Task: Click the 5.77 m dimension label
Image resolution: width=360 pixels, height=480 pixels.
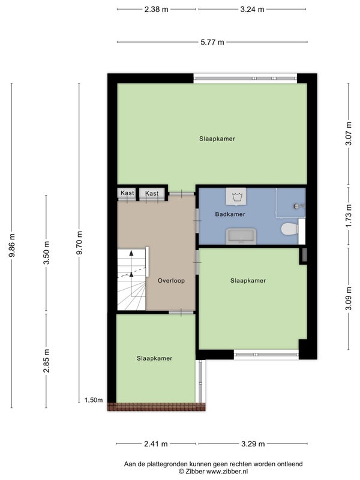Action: tap(212, 42)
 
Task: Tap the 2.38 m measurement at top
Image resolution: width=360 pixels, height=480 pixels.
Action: tap(156, 9)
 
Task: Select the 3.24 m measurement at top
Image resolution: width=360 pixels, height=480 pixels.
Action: tap(252, 9)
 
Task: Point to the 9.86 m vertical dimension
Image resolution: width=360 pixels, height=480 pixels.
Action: tap(12, 245)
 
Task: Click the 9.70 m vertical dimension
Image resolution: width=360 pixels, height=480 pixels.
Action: tap(79, 243)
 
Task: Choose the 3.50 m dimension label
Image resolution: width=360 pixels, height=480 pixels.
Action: tap(46, 253)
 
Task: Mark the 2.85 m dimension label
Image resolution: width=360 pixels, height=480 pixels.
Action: tap(46, 361)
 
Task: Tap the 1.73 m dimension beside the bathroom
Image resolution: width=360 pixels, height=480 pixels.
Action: tap(349, 216)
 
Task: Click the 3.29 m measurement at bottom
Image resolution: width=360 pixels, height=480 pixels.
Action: tap(253, 443)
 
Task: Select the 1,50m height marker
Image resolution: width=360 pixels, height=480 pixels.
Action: tap(94, 400)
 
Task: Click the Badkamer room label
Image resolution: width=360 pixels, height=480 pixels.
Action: tap(230, 214)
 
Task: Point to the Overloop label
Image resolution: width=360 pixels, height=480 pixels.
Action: tap(171, 280)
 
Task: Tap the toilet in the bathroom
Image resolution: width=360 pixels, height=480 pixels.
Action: tap(290, 229)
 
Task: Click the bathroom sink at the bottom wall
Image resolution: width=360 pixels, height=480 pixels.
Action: tap(241, 236)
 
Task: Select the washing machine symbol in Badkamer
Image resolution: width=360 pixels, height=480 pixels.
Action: tap(236, 196)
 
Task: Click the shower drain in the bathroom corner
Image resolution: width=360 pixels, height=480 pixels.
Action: tap(296, 206)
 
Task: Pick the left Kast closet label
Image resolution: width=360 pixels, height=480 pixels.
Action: tap(127, 193)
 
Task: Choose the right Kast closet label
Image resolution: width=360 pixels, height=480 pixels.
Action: tap(152, 193)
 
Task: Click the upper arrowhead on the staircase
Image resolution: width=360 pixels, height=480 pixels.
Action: tap(131, 253)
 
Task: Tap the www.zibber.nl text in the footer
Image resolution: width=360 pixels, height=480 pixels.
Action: tap(227, 472)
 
